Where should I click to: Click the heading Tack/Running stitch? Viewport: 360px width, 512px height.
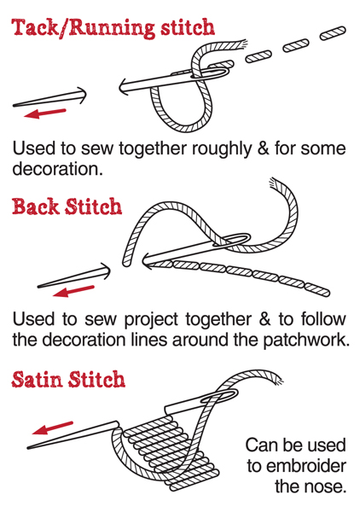click(x=113, y=28)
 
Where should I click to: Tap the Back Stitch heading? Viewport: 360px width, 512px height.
click(x=67, y=207)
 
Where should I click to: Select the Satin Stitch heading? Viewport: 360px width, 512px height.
click(x=68, y=379)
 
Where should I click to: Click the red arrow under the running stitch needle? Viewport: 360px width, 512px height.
click(x=45, y=113)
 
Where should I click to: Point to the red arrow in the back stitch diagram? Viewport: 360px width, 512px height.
click(x=73, y=291)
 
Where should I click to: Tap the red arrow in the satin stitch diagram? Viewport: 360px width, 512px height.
click(x=53, y=428)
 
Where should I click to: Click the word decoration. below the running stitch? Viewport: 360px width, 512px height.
click(x=57, y=169)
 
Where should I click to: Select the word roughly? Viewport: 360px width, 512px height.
click(x=222, y=149)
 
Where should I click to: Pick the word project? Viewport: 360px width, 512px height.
click(x=151, y=320)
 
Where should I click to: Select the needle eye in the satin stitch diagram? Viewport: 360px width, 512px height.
click(x=218, y=395)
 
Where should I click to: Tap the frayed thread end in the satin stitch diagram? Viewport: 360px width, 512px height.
click(x=278, y=380)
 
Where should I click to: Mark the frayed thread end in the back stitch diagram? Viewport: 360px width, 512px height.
click(x=272, y=182)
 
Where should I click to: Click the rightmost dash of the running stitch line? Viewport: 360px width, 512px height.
click(x=332, y=33)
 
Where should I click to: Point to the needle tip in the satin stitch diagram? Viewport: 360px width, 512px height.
click(x=29, y=448)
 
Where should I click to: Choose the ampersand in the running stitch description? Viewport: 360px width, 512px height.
click(x=264, y=148)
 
